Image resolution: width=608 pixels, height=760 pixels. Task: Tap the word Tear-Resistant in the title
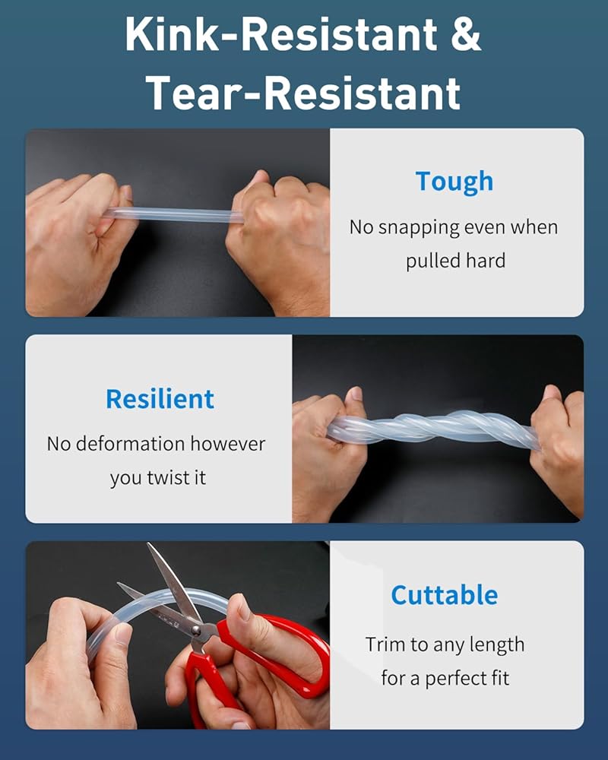click(x=303, y=93)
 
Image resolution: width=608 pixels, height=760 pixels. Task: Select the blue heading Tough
click(x=454, y=182)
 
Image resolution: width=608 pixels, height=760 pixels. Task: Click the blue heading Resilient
click(x=160, y=399)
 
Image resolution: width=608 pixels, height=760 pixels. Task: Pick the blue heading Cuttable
click(x=444, y=595)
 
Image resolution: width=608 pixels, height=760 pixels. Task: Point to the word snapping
click(x=417, y=228)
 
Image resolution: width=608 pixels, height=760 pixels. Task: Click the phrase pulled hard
click(x=455, y=261)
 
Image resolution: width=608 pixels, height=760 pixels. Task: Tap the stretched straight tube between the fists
click(x=175, y=214)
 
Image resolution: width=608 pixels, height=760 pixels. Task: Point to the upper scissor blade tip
click(x=148, y=544)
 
